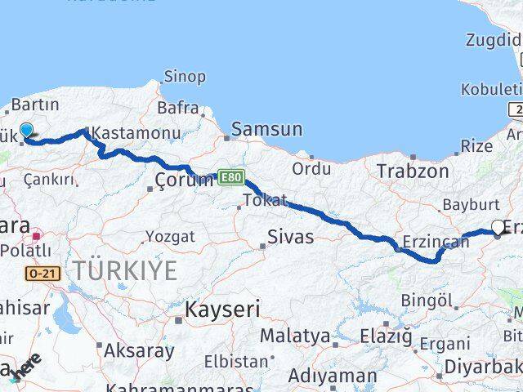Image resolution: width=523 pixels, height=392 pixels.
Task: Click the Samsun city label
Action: (266, 129)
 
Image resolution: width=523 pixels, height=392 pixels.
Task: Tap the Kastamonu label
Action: (124, 132)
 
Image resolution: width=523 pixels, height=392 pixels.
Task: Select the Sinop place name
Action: (185, 77)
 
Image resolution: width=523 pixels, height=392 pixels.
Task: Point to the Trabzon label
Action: (413, 171)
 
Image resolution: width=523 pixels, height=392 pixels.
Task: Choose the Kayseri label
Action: (221, 310)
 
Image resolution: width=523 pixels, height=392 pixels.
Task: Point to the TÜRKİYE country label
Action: (124, 270)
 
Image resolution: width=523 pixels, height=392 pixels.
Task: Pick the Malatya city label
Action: (295, 336)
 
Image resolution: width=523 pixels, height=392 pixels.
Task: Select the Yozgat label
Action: (170, 237)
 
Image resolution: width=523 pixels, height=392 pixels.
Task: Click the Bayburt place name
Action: (470, 204)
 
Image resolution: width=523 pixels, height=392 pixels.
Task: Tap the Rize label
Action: (476, 145)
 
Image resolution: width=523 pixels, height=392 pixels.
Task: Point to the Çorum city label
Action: (184, 180)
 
